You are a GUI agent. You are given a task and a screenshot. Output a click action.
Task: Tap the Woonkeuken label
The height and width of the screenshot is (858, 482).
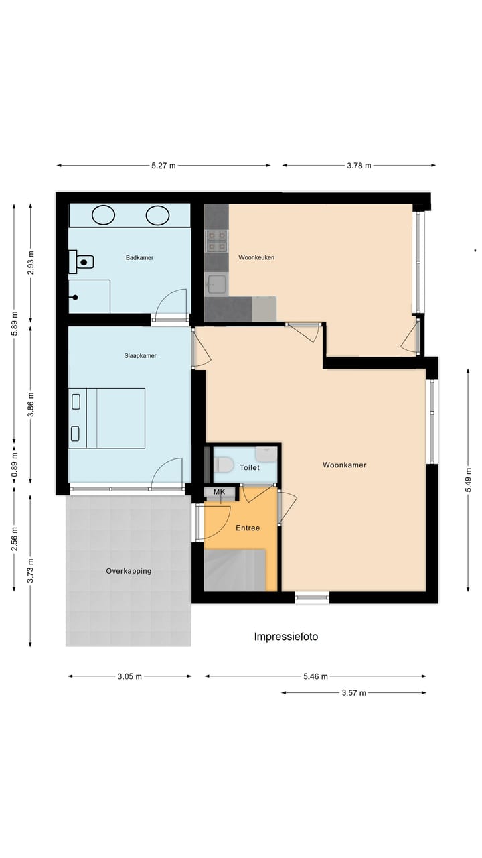click(x=256, y=257)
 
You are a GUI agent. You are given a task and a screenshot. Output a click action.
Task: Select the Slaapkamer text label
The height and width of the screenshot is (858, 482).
click(x=140, y=356)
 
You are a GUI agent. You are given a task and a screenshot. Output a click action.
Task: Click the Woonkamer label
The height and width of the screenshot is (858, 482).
click(x=344, y=465)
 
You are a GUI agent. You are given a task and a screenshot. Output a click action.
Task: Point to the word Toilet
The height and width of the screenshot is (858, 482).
click(x=250, y=467)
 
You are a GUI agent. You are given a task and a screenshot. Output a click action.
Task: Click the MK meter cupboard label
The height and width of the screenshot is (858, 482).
click(x=219, y=493)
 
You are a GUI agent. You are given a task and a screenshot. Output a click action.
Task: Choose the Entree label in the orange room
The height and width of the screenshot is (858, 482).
click(x=247, y=528)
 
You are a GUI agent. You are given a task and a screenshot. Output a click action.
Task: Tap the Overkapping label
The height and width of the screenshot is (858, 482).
click(x=129, y=571)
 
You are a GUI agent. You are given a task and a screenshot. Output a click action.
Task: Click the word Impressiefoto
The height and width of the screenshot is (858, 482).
click(x=286, y=637)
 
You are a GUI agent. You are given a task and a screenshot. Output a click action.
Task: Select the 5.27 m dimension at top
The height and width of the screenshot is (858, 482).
click(x=163, y=166)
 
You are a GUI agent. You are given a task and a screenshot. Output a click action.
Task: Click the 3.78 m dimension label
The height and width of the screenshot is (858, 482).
click(x=358, y=166)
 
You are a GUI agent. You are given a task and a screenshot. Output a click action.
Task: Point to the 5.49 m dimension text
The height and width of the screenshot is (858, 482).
click(x=468, y=479)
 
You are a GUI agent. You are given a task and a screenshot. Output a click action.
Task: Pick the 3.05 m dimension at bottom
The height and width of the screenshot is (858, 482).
click(x=130, y=676)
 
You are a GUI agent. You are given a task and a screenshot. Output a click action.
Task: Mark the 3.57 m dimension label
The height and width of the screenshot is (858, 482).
click(x=353, y=693)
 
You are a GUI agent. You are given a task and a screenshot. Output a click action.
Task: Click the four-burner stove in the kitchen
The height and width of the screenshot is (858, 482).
click(x=216, y=241)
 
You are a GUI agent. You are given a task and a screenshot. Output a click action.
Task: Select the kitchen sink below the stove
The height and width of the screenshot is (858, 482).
click(x=216, y=284)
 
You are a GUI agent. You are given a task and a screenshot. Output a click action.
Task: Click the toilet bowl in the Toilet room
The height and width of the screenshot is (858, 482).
click(x=224, y=465)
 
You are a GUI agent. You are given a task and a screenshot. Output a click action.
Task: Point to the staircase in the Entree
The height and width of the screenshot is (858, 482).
click(x=235, y=570)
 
